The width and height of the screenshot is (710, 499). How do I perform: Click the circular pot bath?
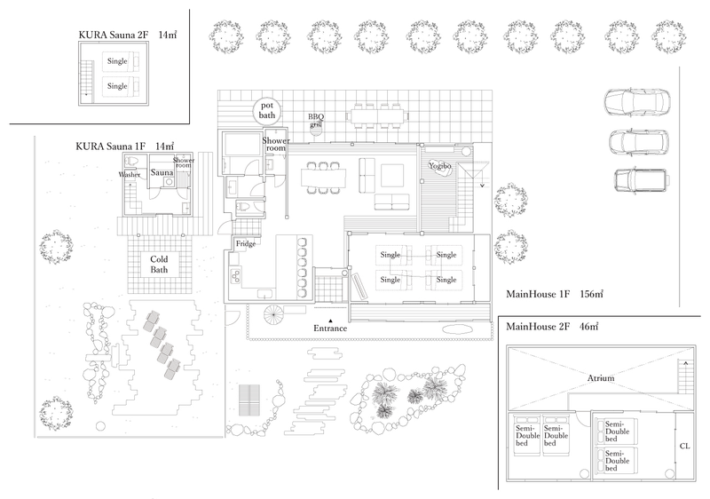(267, 111)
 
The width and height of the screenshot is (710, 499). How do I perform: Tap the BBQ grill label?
(316, 120)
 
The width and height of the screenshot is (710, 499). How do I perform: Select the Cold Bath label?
(159, 265)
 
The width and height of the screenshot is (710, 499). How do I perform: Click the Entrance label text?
(330, 329)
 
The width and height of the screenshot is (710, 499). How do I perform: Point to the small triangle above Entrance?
(330, 321)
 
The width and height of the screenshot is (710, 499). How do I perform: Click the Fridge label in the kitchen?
(246, 243)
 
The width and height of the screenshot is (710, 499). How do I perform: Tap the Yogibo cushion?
(440, 171)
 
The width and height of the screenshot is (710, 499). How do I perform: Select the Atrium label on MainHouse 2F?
(601, 378)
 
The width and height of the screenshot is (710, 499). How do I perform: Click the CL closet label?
(684, 446)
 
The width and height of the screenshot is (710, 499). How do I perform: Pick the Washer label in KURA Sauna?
(130, 174)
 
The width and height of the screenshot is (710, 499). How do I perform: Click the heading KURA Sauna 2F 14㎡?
(127, 35)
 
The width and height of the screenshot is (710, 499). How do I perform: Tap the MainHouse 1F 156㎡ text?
(554, 294)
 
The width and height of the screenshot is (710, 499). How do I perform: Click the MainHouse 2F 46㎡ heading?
(552, 327)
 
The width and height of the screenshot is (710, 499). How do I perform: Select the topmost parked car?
(637, 102)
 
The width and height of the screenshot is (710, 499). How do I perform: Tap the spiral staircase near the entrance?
(274, 315)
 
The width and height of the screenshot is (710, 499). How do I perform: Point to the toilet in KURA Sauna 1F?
(132, 162)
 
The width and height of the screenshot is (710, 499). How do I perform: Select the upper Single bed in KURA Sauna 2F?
(121, 61)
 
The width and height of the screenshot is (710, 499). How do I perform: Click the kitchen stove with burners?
(236, 275)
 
